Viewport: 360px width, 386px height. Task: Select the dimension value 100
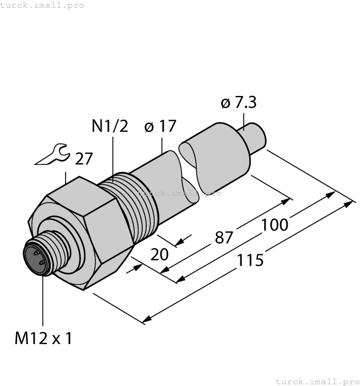pos(275,226)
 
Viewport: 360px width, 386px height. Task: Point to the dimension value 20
pos(159,255)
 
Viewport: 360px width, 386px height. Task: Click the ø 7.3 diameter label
pos(238,103)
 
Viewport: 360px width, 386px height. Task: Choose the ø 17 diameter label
pos(160,126)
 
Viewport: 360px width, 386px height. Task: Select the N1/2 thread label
pos(109,126)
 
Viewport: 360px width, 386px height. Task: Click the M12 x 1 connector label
pos(43,338)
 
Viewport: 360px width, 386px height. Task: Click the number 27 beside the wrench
pos(84,159)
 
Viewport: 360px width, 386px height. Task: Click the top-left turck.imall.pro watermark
pos(42,5)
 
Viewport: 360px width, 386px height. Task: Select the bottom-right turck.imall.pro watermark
pos(316,381)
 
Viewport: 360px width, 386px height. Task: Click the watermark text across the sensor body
pos(180,193)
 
